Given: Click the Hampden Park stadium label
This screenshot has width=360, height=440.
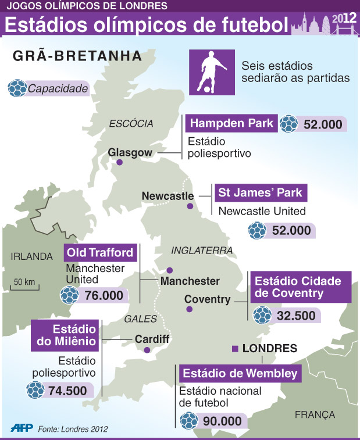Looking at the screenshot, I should tap(231, 124).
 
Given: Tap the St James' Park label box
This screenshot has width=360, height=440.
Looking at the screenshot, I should tap(260, 193).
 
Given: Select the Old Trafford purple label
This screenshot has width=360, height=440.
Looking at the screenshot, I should tap(101, 253).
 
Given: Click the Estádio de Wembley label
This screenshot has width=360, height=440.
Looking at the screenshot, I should tap(240, 373).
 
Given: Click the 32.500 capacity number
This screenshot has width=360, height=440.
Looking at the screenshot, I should tap(296, 316).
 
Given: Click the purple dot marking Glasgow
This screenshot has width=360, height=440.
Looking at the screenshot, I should tap(120, 163).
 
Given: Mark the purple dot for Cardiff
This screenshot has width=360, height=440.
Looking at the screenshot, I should tap(147, 350).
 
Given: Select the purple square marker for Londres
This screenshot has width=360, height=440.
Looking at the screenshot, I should tap(234, 349).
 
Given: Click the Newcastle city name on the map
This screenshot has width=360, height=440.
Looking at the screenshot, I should tap(167, 196).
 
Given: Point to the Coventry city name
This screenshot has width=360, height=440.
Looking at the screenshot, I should tap(207, 299).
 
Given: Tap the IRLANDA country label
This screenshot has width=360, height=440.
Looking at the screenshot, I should tap(31, 256).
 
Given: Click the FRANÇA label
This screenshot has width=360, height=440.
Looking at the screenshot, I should tap(315, 414).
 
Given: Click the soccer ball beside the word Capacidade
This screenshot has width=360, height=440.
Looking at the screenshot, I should tap(17, 89).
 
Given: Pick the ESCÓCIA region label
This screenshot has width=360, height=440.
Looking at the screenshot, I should tap(131, 123).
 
